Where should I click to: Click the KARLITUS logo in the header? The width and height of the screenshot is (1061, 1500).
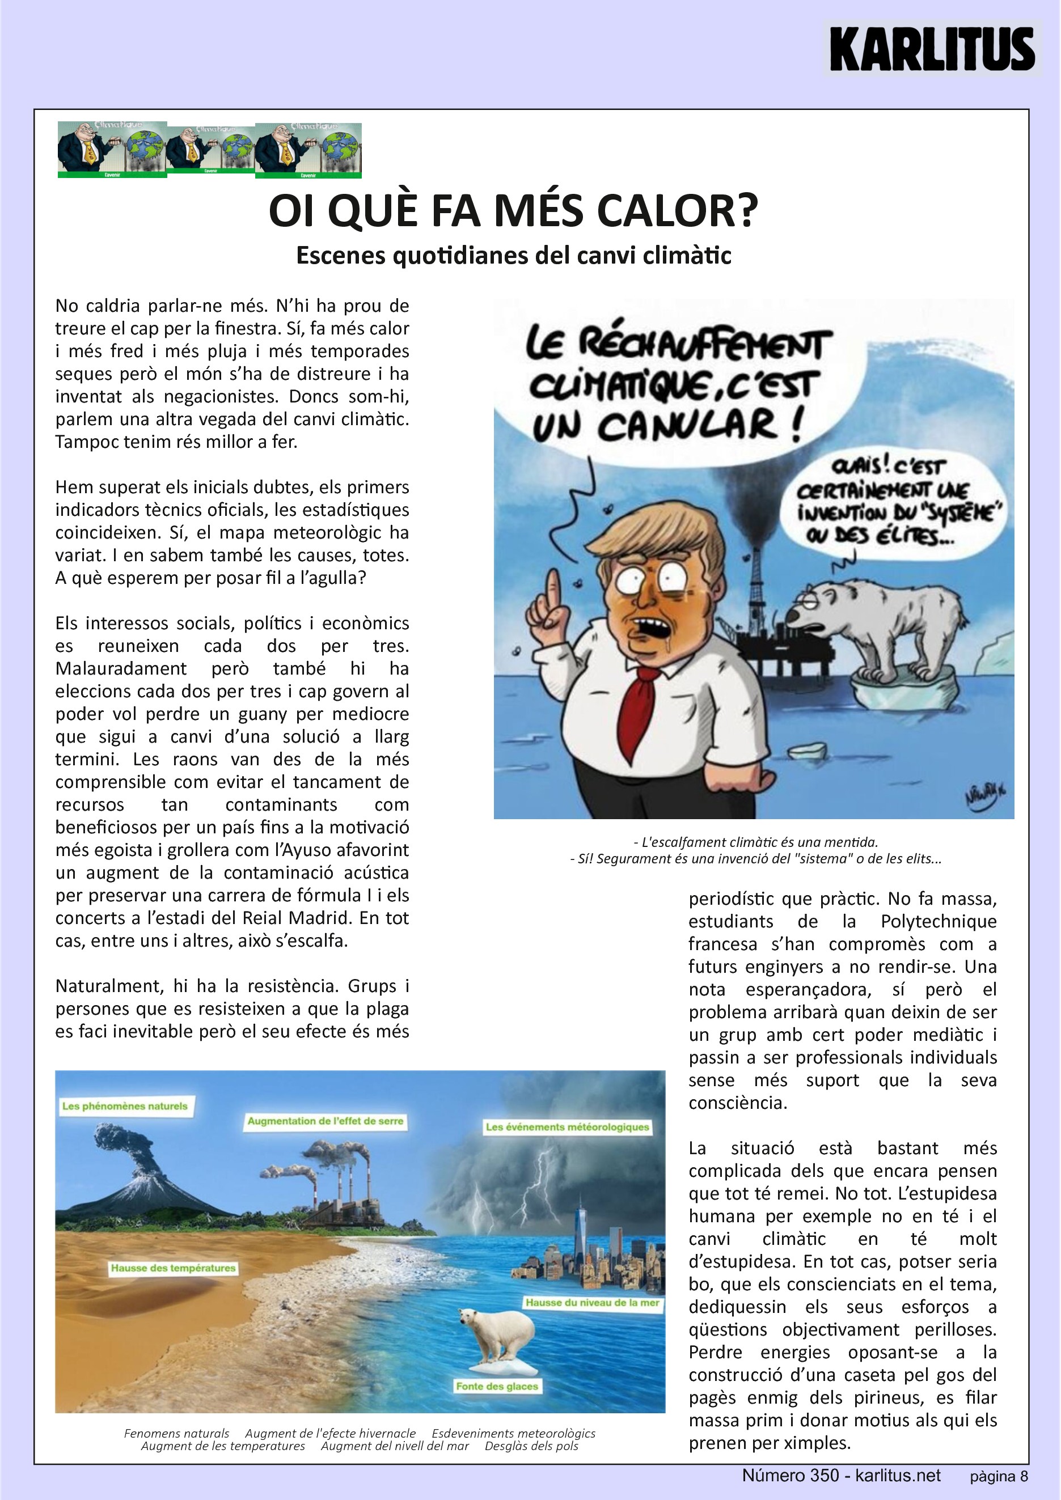click(x=932, y=49)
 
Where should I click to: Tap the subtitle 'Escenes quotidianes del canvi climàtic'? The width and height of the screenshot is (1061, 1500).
click(x=514, y=256)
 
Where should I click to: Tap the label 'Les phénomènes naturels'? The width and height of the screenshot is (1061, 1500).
click(x=125, y=1106)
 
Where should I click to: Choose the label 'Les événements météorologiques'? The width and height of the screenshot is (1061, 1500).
click(x=567, y=1127)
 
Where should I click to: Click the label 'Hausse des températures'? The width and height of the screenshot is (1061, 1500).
click(x=173, y=1268)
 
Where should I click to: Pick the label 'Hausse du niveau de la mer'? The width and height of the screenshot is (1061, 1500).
click(x=593, y=1302)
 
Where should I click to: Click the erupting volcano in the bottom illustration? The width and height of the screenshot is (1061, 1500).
click(x=130, y=1170)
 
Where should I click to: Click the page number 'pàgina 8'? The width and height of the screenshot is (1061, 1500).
click(x=998, y=1476)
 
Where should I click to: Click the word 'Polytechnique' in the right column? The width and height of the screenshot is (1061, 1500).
click(x=938, y=921)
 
